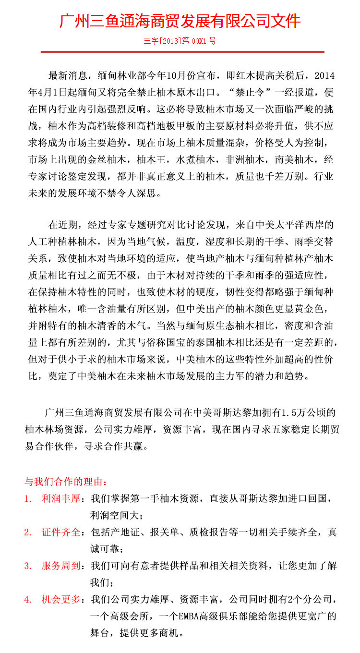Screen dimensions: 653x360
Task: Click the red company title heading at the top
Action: pos(180,21)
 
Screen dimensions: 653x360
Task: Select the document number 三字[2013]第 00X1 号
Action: pos(180,41)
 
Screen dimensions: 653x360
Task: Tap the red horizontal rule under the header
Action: pos(182,51)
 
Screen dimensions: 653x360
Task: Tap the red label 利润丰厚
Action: pos(60,498)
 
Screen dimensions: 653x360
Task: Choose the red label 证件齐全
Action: pos(60,532)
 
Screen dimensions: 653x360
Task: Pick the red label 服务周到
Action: pos(60,566)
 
